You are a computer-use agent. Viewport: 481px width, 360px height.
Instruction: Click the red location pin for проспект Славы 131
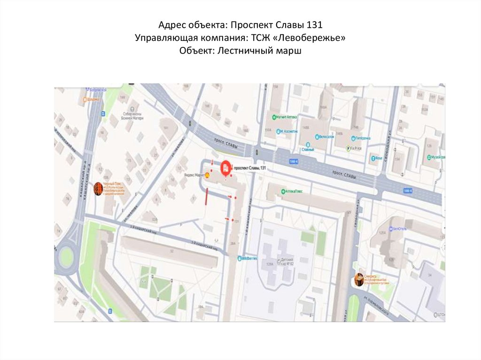click(225, 167)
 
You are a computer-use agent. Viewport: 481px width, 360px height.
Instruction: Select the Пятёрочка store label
click(363, 138)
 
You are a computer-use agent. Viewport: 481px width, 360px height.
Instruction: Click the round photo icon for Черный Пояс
click(98, 188)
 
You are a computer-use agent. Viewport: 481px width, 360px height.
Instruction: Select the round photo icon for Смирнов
click(359, 280)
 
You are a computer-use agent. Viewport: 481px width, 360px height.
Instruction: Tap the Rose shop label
click(376, 158)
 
